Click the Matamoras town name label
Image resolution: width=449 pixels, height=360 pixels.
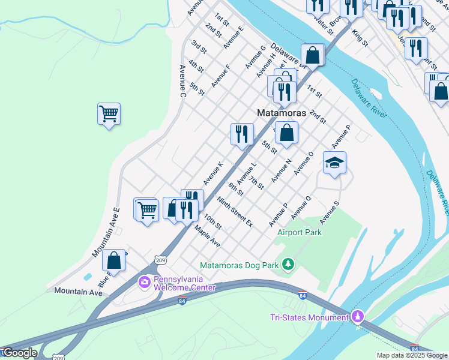[281, 113]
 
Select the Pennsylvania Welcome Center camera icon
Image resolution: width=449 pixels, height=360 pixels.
[144, 281]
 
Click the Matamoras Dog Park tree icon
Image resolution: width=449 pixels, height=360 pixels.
[289, 264]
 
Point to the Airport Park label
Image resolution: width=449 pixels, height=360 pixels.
[299, 232]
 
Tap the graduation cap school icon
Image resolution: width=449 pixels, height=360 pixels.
[334, 162]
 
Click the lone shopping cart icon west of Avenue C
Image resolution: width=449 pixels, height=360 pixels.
[109, 113]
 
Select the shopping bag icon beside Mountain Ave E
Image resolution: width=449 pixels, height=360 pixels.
[113, 260]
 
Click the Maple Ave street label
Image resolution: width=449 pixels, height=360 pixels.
[207, 236]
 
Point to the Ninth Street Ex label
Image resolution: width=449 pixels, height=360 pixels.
[235, 211]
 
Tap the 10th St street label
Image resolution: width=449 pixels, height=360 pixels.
[212, 221]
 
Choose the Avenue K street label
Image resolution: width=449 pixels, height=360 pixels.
[213, 173]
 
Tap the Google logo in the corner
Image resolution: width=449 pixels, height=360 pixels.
[20, 353]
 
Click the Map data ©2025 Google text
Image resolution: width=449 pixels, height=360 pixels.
[411, 355]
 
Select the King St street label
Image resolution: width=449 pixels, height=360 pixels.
[360, 37]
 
